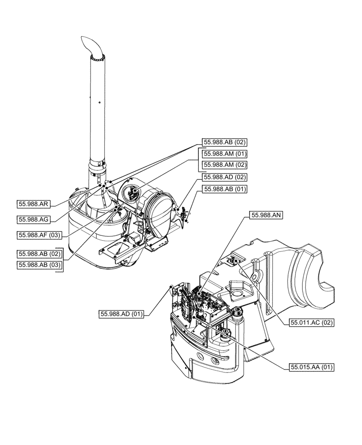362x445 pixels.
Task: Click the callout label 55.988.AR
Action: (34, 204)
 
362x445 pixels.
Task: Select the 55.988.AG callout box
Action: (34, 219)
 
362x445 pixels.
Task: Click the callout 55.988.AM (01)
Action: (225, 154)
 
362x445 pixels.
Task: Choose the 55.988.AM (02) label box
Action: (225, 165)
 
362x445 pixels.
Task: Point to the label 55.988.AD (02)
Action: (225, 177)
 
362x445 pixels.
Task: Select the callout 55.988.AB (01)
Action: (225, 189)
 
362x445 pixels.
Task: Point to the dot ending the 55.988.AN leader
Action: (198, 295)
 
